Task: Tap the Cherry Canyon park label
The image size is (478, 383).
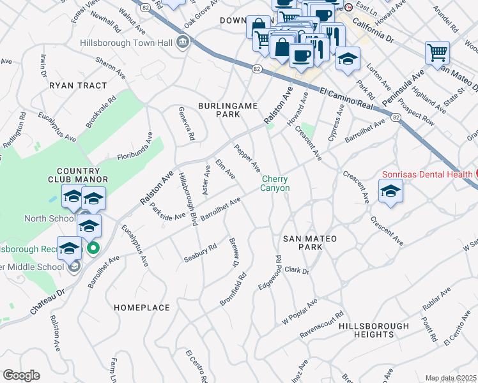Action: [275, 184]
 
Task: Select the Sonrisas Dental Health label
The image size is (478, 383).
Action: [427, 174]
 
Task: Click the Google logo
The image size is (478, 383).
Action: [21, 375]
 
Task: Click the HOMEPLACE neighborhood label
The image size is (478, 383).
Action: [142, 308]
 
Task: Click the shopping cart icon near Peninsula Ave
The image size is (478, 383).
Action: [437, 52]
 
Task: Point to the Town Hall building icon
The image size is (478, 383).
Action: [183, 43]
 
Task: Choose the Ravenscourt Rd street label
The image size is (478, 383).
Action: [323, 323]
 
